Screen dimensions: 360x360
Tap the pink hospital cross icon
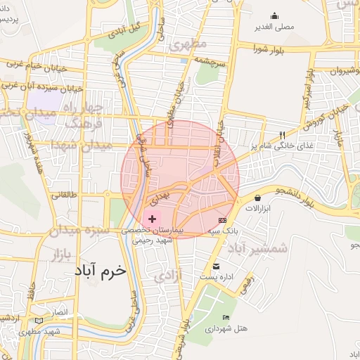[152, 219]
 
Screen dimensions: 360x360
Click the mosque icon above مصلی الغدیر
[274, 15]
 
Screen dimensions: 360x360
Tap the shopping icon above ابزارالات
[259, 198]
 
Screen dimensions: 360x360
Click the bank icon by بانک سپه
[223, 220]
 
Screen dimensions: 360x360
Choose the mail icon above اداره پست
[216, 266]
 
